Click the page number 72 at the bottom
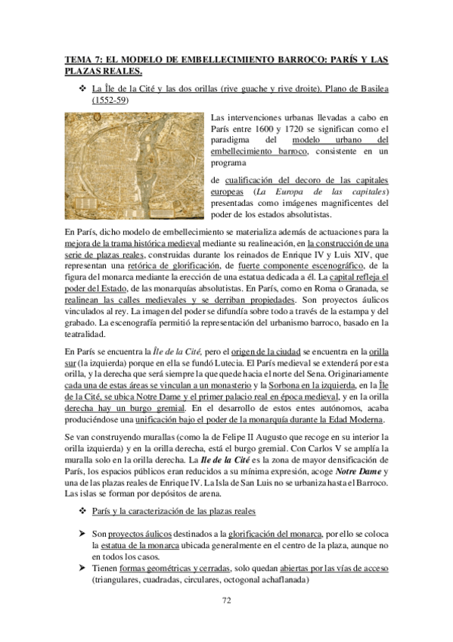click(226, 601)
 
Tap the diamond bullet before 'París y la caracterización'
click(84, 510)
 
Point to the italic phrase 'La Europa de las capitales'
click(314, 192)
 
